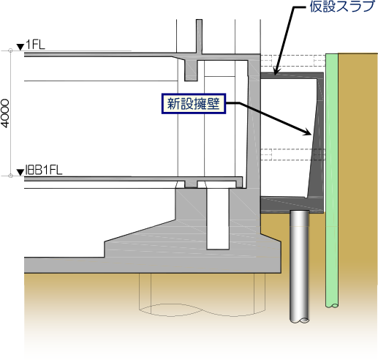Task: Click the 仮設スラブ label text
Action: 341,7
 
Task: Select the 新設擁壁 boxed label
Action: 194,104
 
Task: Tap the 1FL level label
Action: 36,45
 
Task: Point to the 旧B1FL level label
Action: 44,170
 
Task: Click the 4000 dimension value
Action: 5,113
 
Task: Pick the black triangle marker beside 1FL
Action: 20,47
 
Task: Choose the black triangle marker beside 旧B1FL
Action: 20,173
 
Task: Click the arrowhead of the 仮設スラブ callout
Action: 276,72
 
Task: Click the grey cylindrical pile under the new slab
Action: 300,266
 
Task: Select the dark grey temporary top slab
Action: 292,75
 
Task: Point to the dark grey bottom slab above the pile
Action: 292,205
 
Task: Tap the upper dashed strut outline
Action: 293,61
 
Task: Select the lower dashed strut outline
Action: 293,154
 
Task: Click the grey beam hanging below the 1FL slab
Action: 191,70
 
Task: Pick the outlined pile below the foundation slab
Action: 202,294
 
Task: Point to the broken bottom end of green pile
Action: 332,305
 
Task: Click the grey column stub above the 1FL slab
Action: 199,37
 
